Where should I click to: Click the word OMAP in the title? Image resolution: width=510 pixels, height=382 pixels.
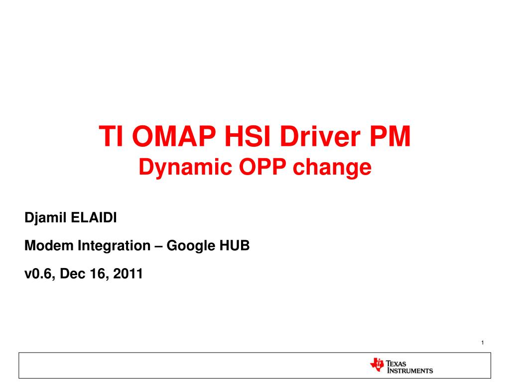pos(174,136)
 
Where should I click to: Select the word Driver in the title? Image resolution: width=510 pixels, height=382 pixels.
pos(320,136)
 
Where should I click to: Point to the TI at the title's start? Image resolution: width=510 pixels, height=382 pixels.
pos(111,136)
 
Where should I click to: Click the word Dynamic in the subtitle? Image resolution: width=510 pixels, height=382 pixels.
pos(185,168)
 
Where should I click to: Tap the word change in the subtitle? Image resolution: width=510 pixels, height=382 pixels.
pos(332,168)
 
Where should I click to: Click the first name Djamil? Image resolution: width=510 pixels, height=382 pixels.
pos(45,218)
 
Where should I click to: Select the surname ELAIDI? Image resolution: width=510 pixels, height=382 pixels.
pos(93,218)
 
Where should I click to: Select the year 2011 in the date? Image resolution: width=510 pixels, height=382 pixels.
pos(128,274)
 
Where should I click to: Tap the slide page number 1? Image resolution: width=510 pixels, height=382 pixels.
pos(483,343)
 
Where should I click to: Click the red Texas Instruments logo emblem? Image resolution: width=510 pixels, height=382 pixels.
pos(378,365)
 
